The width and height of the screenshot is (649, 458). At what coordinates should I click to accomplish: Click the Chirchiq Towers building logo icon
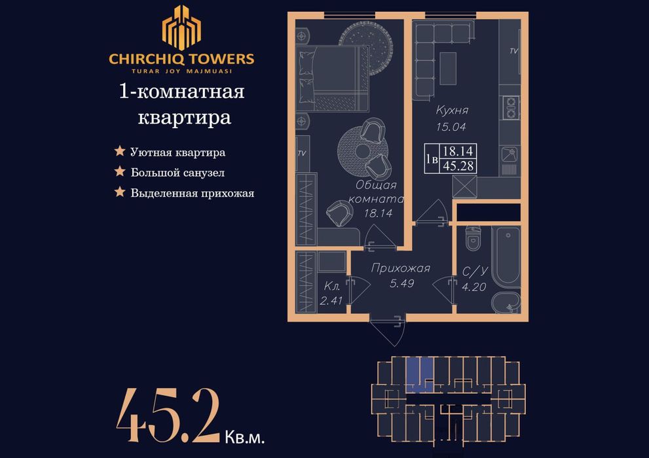(181, 28)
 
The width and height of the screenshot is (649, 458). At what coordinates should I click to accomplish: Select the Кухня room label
(452, 111)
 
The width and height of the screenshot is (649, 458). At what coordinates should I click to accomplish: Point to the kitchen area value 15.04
(452, 128)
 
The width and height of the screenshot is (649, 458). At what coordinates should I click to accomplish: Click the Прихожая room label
(400, 268)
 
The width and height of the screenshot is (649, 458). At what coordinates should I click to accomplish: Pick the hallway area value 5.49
(400, 283)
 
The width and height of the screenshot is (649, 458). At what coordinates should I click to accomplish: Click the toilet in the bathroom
(473, 239)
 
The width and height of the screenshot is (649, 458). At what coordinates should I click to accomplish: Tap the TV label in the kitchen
(513, 51)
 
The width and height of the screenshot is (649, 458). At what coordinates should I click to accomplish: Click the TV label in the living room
(302, 154)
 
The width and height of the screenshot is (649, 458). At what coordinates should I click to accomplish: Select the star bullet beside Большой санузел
(120, 172)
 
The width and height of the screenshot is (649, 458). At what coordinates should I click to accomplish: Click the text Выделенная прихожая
(192, 193)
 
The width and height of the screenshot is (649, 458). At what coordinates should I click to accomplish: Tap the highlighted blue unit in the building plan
(418, 374)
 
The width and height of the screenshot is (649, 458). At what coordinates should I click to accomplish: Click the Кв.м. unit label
(244, 434)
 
